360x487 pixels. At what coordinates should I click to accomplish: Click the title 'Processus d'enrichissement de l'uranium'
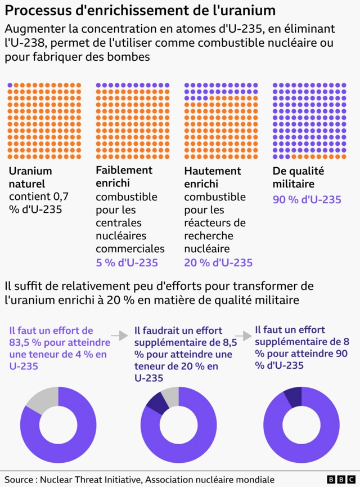[140, 11]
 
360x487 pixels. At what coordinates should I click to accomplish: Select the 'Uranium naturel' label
[30, 177]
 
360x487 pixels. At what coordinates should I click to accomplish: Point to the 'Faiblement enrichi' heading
[124, 177]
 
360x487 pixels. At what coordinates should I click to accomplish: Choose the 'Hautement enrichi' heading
[213, 177]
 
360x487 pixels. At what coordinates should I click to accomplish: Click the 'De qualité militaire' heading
[298, 177]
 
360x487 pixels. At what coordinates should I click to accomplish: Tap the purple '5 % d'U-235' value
[127, 263]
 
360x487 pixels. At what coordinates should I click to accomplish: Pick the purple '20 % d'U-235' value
[218, 263]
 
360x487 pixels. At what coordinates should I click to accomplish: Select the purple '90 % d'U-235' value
[307, 200]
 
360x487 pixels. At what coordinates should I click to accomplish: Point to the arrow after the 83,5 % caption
[119, 336]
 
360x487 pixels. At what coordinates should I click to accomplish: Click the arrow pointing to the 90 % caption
[242, 336]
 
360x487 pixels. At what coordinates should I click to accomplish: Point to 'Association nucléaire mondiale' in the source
[210, 479]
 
